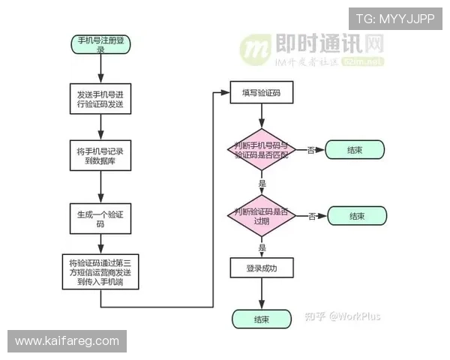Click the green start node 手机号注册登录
click(x=100, y=43)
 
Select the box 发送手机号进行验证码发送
click(x=100, y=100)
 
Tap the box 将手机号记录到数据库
click(x=100, y=156)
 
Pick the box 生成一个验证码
click(x=100, y=218)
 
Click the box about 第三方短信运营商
click(x=100, y=274)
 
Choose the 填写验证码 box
click(x=261, y=93)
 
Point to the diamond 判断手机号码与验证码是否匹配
click(x=261, y=150)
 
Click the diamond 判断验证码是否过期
click(x=261, y=216)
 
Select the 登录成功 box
click(x=261, y=268)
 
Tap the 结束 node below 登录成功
click(x=261, y=319)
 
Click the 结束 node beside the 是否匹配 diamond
click(x=355, y=150)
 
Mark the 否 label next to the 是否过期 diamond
click(x=311, y=216)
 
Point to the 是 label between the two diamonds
click(x=262, y=183)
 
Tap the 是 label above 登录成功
click(x=262, y=247)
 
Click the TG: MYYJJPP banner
click(x=394, y=18)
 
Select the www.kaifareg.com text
click(x=67, y=341)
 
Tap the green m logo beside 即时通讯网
click(x=255, y=49)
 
